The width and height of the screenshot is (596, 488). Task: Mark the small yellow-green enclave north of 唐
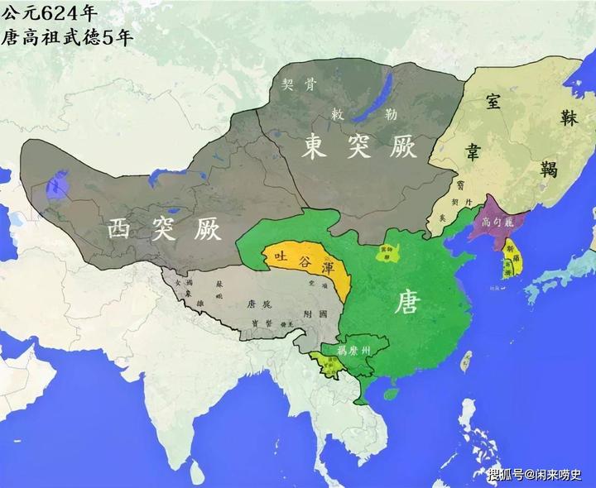click(x=386, y=252)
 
